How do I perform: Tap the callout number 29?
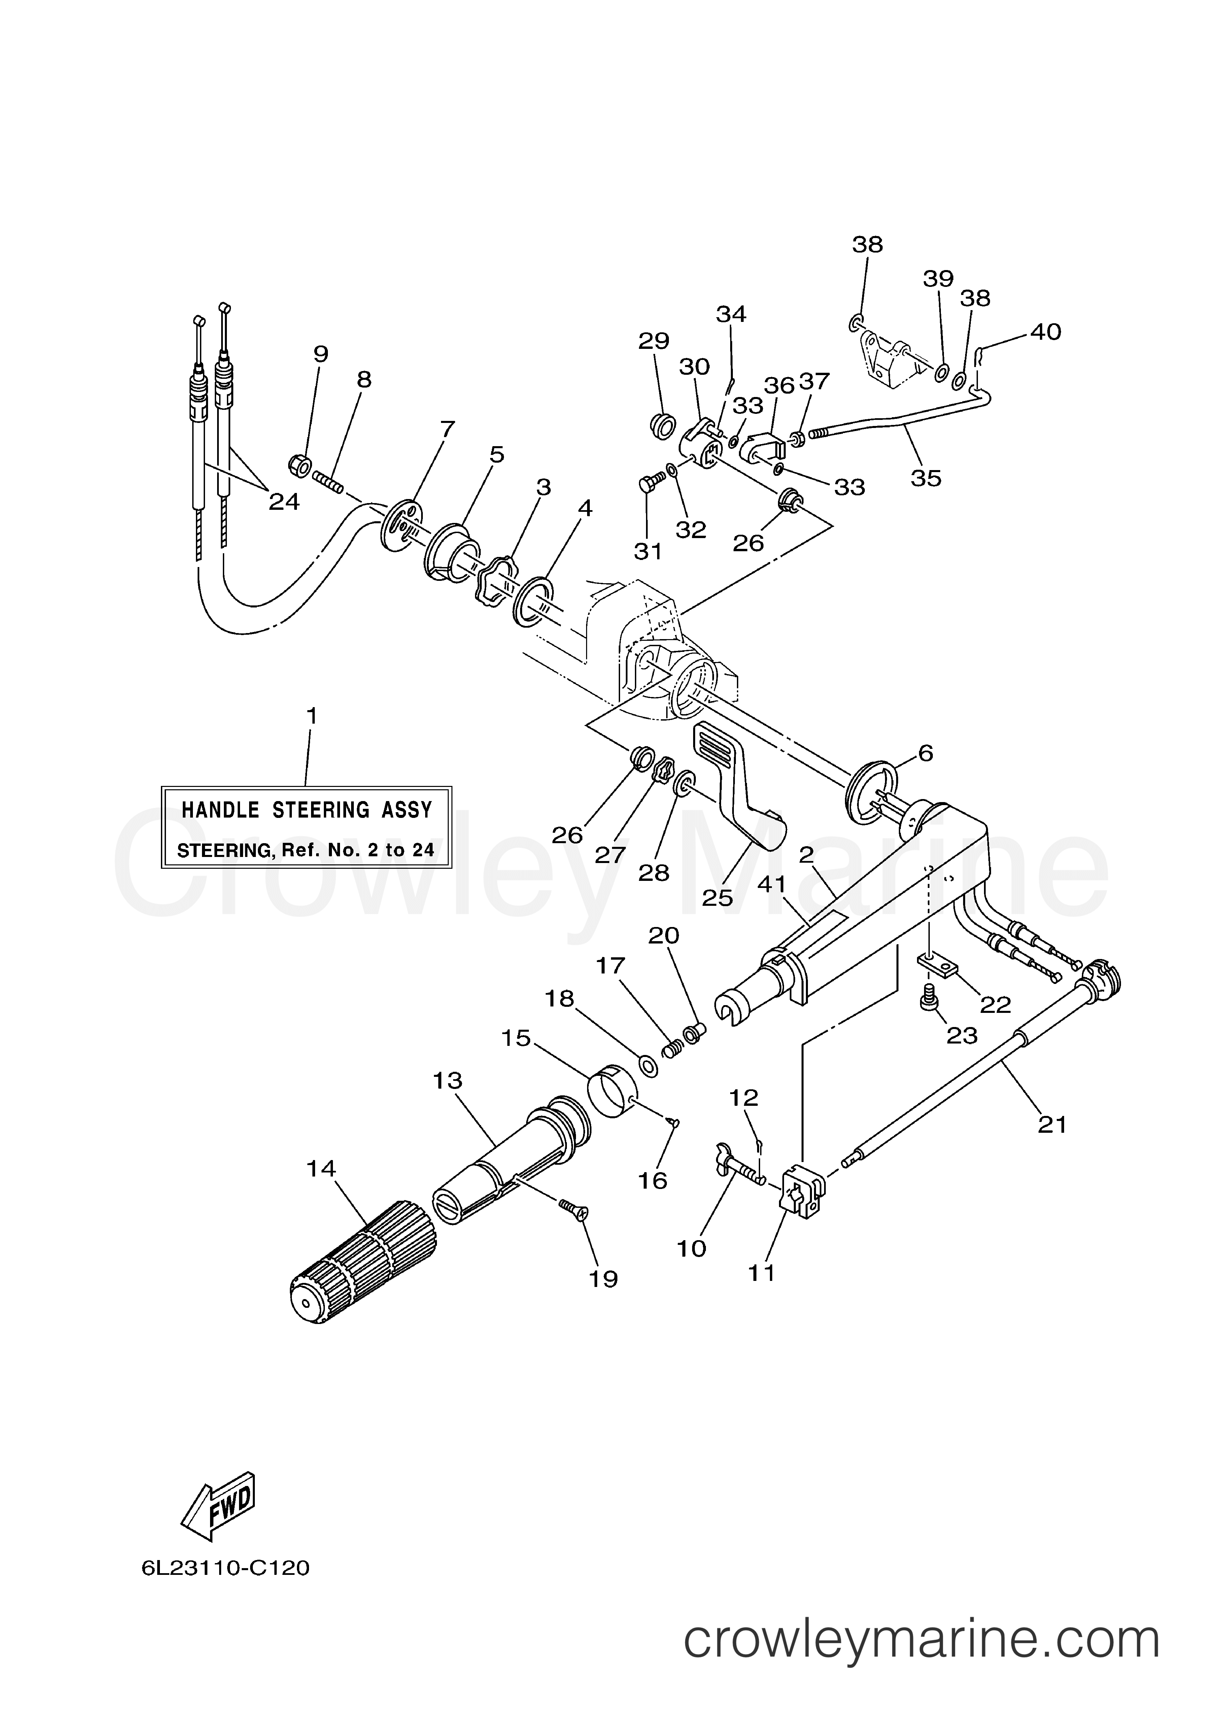click(654, 341)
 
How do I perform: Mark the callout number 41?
click(771, 884)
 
